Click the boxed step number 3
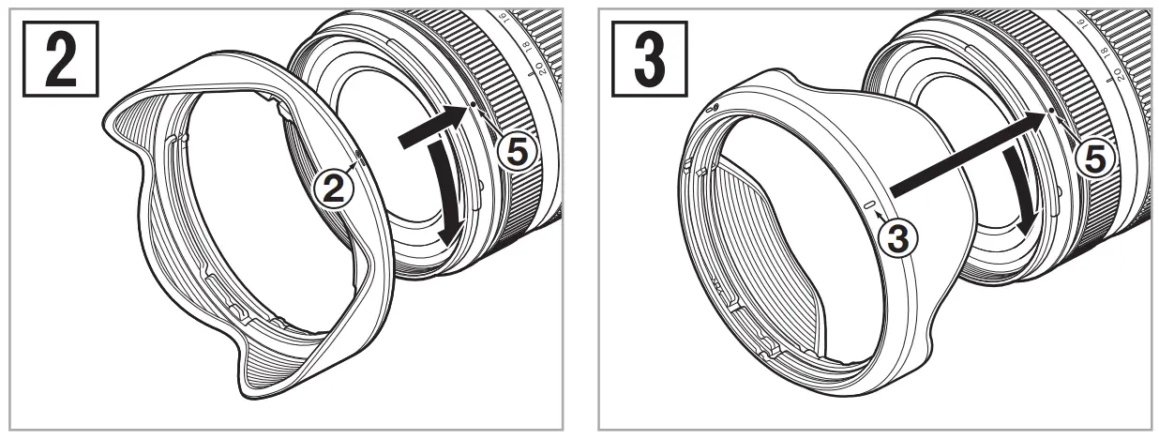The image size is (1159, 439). [x=647, y=57]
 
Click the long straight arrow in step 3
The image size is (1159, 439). [x=966, y=150]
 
